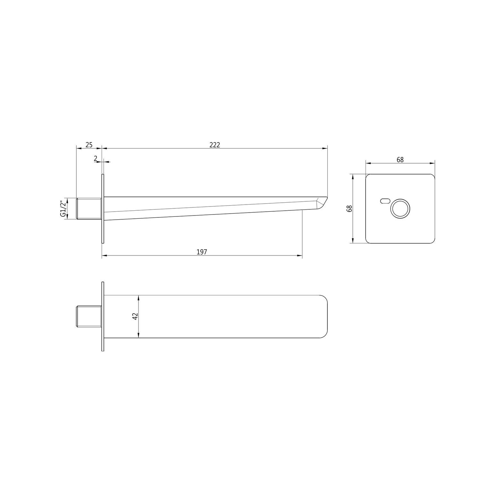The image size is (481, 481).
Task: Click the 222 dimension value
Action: coord(215,145)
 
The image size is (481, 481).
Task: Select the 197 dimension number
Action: coord(202,252)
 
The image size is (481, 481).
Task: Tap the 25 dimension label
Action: coord(89,145)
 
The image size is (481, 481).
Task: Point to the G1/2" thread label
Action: coord(63,208)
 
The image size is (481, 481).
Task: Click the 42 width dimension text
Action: coord(135,316)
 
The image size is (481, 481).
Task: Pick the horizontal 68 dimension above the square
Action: coord(400,159)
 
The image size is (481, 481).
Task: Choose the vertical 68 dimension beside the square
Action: coord(350,208)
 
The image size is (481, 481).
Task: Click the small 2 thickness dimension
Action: coord(96,158)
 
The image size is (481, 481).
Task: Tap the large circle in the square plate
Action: coord(400,209)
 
